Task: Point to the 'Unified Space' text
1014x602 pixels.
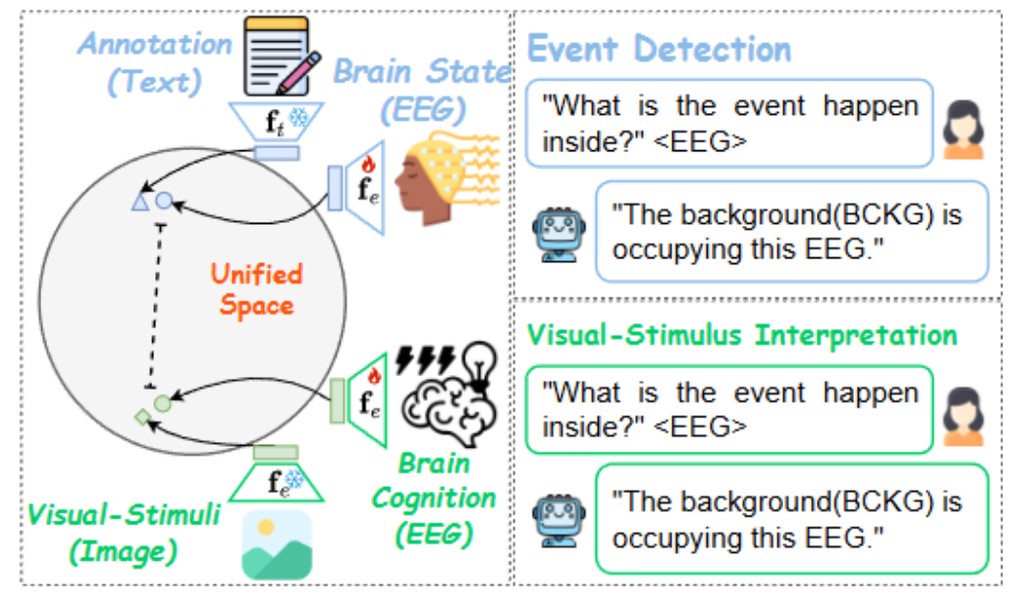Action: tap(256, 290)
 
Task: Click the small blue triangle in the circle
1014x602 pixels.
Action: tap(139, 202)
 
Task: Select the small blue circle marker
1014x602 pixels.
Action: tap(165, 201)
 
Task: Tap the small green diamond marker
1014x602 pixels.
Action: tap(142, 418)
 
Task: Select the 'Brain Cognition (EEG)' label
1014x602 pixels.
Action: tap(433, 498)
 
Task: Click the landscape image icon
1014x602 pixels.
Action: tap(277, 546)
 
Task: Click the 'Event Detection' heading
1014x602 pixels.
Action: tap(659, 49)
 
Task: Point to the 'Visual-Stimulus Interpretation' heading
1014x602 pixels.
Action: tap(741, 334)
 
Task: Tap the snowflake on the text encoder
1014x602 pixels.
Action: tap(295, 119)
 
